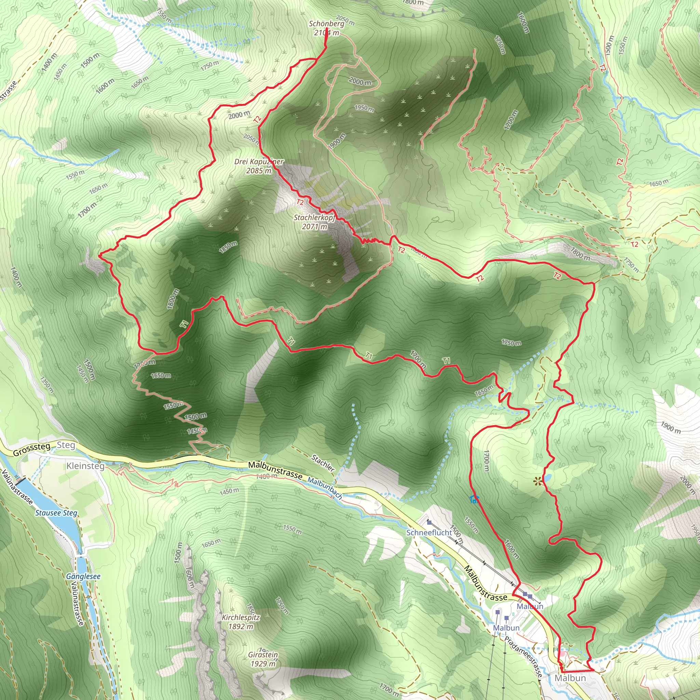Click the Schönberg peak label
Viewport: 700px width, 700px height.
(326, 24)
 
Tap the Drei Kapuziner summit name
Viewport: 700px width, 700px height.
(259, 162)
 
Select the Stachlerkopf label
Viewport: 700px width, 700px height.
(314, 217)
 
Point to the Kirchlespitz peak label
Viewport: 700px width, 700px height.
(241, 617)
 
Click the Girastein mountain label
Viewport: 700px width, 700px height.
(263, 655)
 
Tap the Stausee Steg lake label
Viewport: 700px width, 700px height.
(56, 513)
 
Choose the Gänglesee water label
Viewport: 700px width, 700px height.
(83, 576)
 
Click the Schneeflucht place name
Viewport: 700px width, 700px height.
(429, 532)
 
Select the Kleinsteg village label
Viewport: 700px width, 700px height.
(85, 466)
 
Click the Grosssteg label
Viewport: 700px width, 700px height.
(31, 450)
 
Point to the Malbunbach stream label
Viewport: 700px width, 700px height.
(325, 488)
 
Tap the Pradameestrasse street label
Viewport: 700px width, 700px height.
(523, 656)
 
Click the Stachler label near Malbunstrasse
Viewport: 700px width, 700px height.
(323, 463)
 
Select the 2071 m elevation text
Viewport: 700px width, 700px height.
(314, 227)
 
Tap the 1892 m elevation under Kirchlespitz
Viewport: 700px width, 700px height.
(241, 626)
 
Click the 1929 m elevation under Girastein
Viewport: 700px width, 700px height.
(263, 664)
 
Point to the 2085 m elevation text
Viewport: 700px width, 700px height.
(259, 171)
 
